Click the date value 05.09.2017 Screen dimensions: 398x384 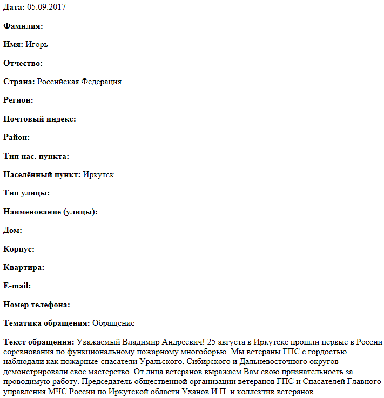click(x=46, y=8)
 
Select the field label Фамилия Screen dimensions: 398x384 click(x=23, y=26)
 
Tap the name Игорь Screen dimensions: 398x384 click(x=37, y=45)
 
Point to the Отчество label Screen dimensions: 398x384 click(x=23, y=64)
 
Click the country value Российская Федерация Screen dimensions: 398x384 click(x=79, y=82)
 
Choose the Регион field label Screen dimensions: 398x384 click(x=18, y=100)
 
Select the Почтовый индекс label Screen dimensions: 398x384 click(x=39, y=119)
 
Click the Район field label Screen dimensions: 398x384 click(x=16, y=138)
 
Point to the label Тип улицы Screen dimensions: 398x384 click(x=26, y=193)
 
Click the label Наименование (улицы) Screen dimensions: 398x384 click(x=50, y=212)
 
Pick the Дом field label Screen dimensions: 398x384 click(x=12, y=231)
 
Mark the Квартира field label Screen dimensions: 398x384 click(x=24, y=268)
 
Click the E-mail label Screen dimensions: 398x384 click(x=17, y=286)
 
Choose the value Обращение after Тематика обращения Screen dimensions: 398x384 click(x=113, y=323)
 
